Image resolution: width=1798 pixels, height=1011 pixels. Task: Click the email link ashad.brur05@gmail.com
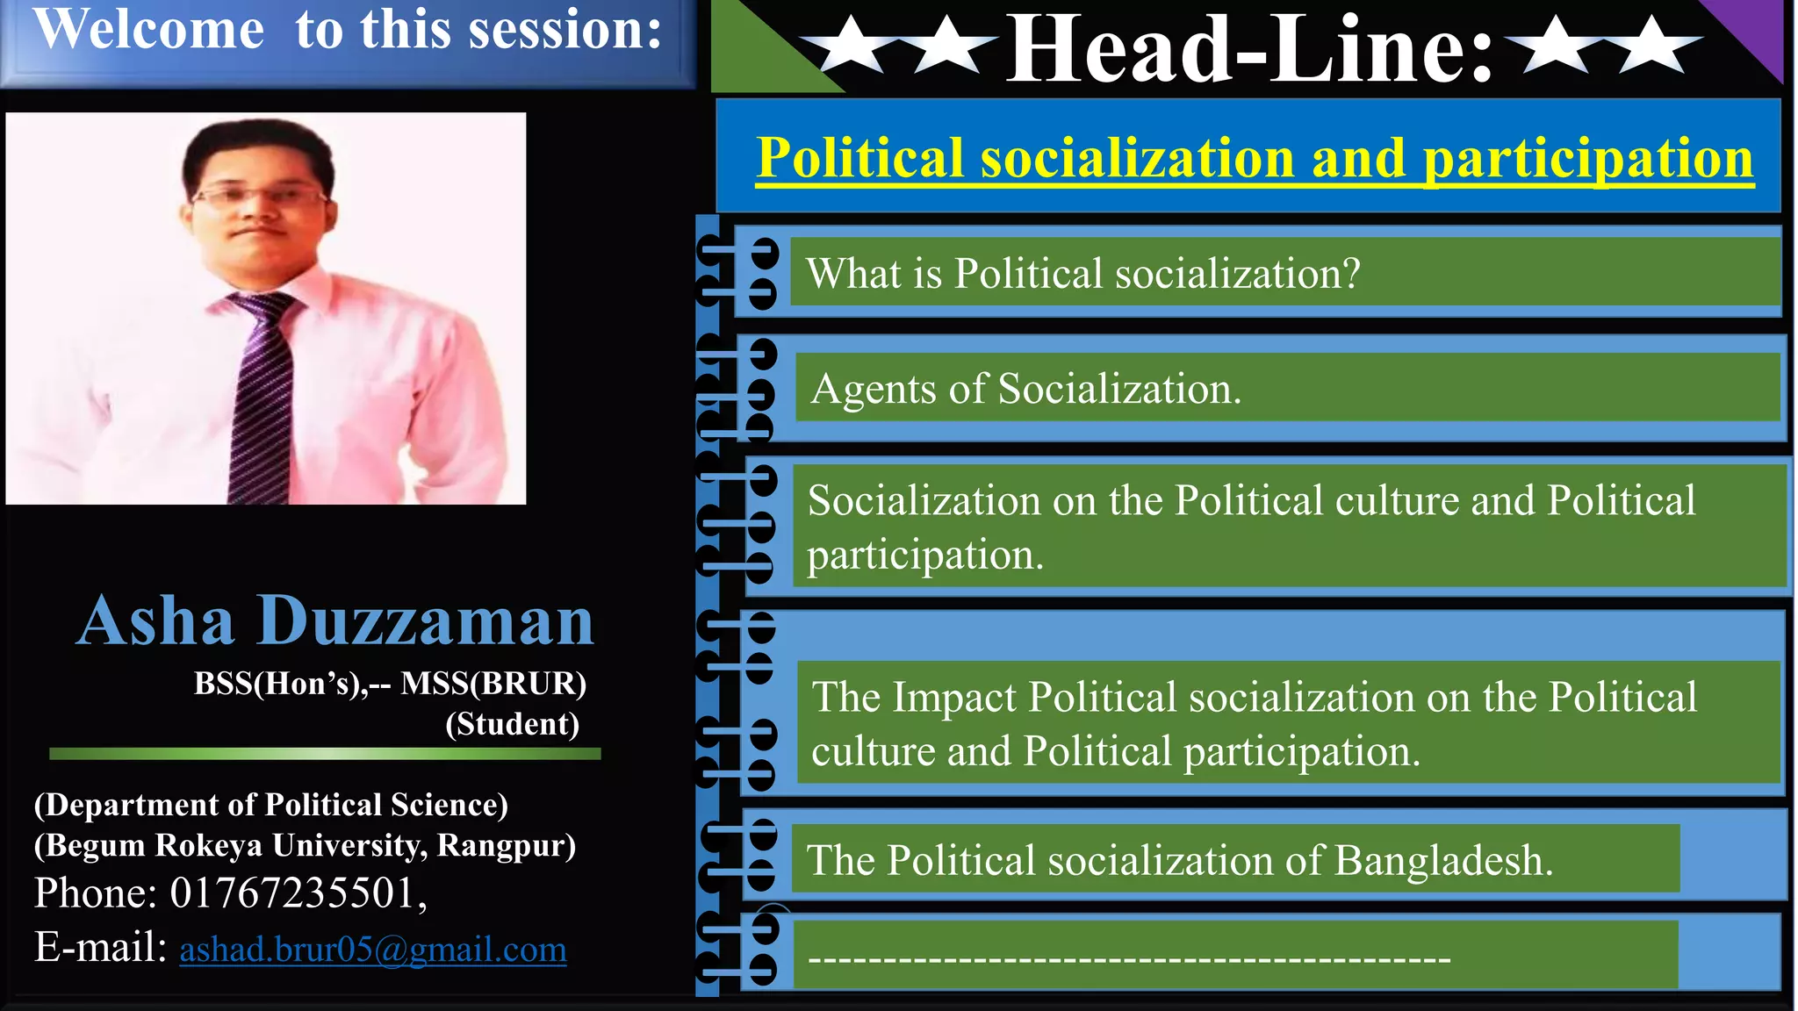(x=373, y=950)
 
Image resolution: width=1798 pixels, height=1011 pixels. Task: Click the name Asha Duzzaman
(x=335, y=621)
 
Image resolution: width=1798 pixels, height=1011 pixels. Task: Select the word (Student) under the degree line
(x=512, y=724)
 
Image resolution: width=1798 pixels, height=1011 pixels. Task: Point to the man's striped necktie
(x=262, y=395)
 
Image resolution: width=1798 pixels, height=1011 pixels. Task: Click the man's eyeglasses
(x=259, y=196)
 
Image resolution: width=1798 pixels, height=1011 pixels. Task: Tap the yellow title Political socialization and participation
(x=1255, y=158)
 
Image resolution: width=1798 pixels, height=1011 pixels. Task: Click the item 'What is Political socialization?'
(x=1082, y=274)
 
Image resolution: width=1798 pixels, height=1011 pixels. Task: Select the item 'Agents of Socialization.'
(x=1025, y=389)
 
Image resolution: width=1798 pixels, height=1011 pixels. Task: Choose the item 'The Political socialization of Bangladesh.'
(x=1179, y=860)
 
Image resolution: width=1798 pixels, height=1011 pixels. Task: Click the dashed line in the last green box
(x=1128, y=959)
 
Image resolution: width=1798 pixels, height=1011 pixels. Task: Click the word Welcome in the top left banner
(x=148, y=30)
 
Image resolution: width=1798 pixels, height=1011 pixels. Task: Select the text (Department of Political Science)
(x=270, y=805)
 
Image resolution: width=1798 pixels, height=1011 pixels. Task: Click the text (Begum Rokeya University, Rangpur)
(x=305, y=845)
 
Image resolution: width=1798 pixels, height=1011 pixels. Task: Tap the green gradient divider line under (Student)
(x=325, y=753)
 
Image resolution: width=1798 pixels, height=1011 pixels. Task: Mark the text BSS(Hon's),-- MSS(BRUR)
(x=390, y=683)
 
